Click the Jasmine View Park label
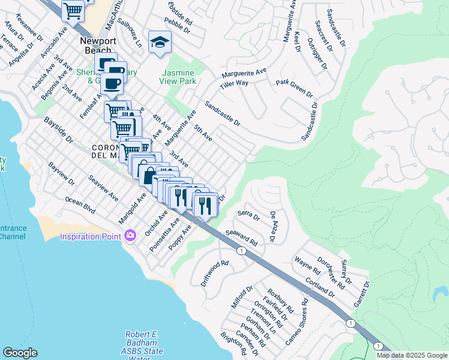point(178,76)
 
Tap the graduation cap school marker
point(160,42)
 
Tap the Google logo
point(20,353)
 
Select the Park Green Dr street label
point(295,88)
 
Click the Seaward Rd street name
point(241,238)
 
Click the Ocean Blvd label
point(80,205)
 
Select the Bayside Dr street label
point(58,130)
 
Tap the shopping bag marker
point(148,176)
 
